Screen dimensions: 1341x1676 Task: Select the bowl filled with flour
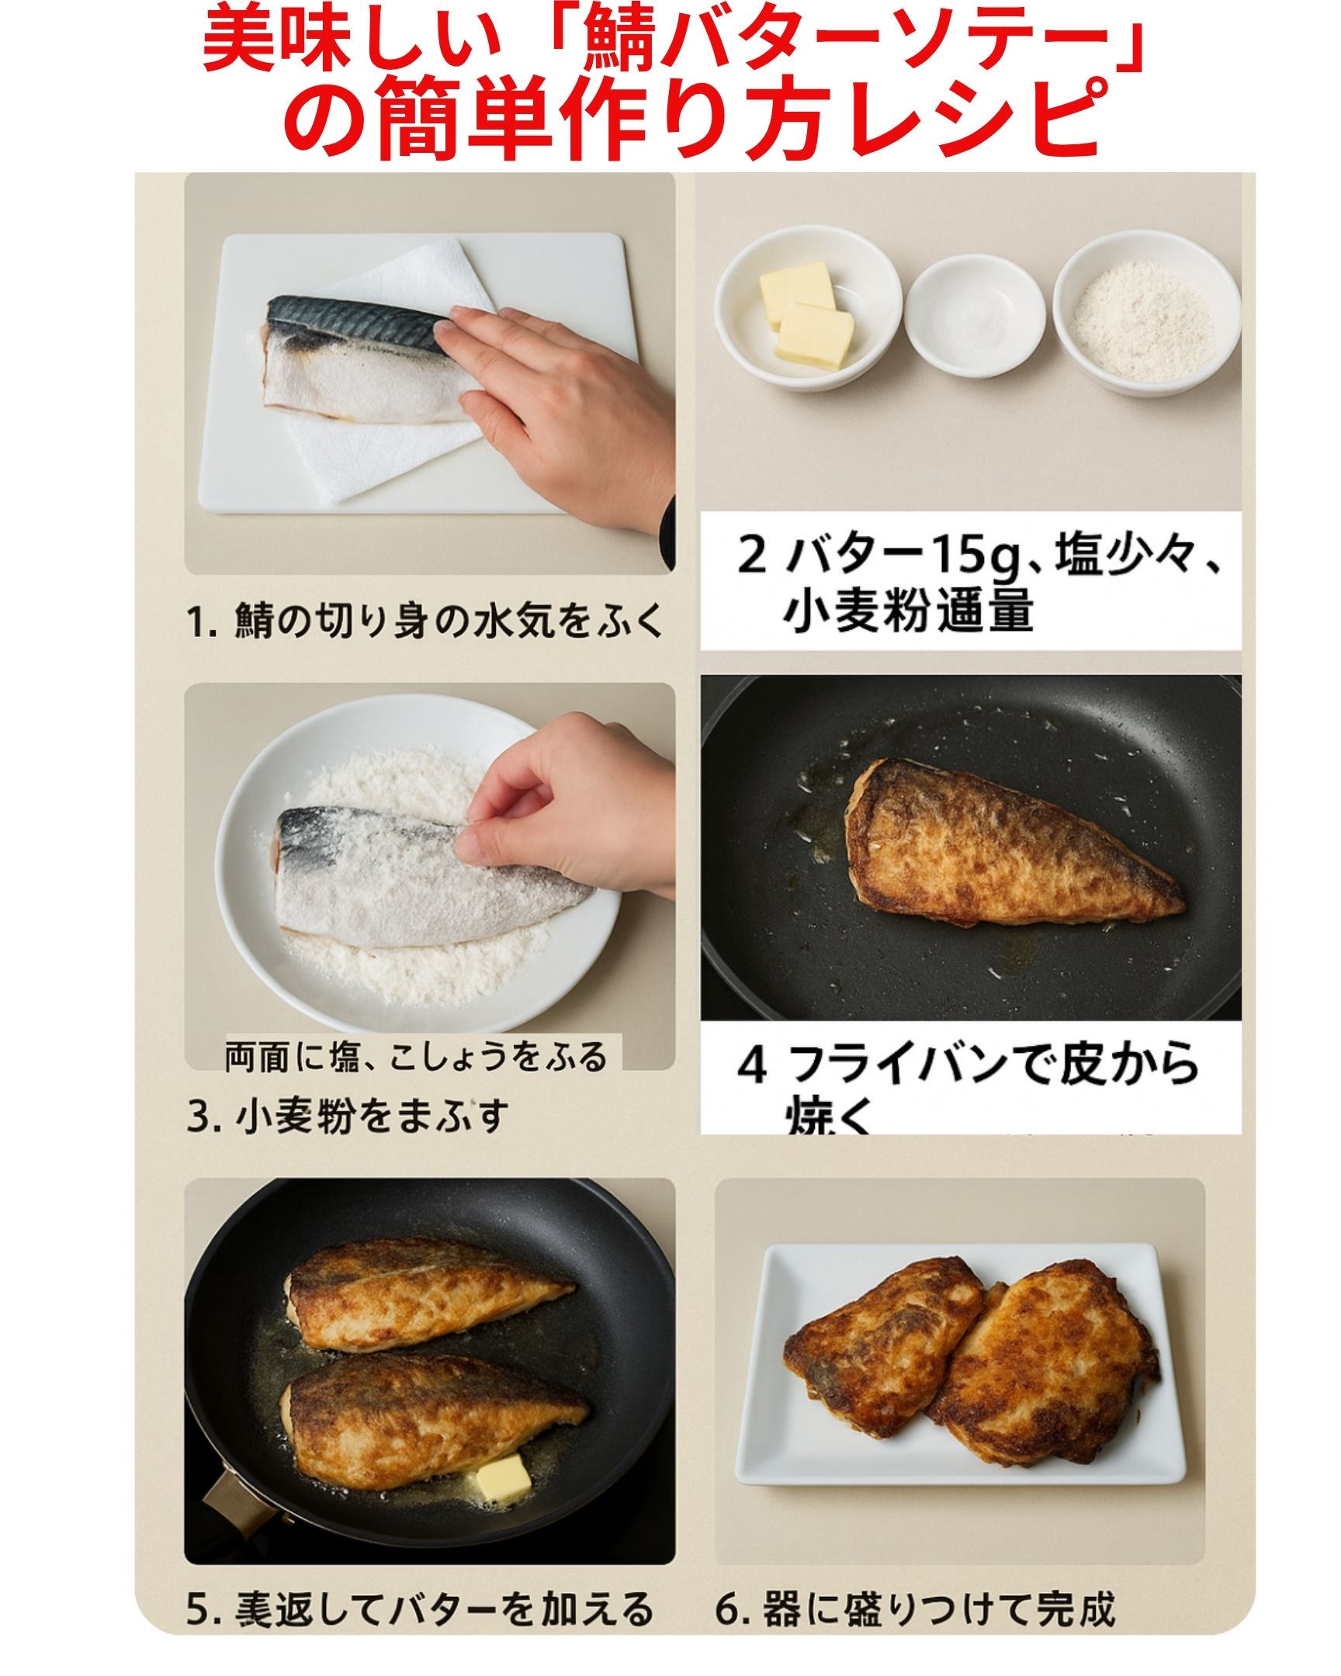click(x=1148, y=314)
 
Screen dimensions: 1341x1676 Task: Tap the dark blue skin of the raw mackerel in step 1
click(x=354, y=319)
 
